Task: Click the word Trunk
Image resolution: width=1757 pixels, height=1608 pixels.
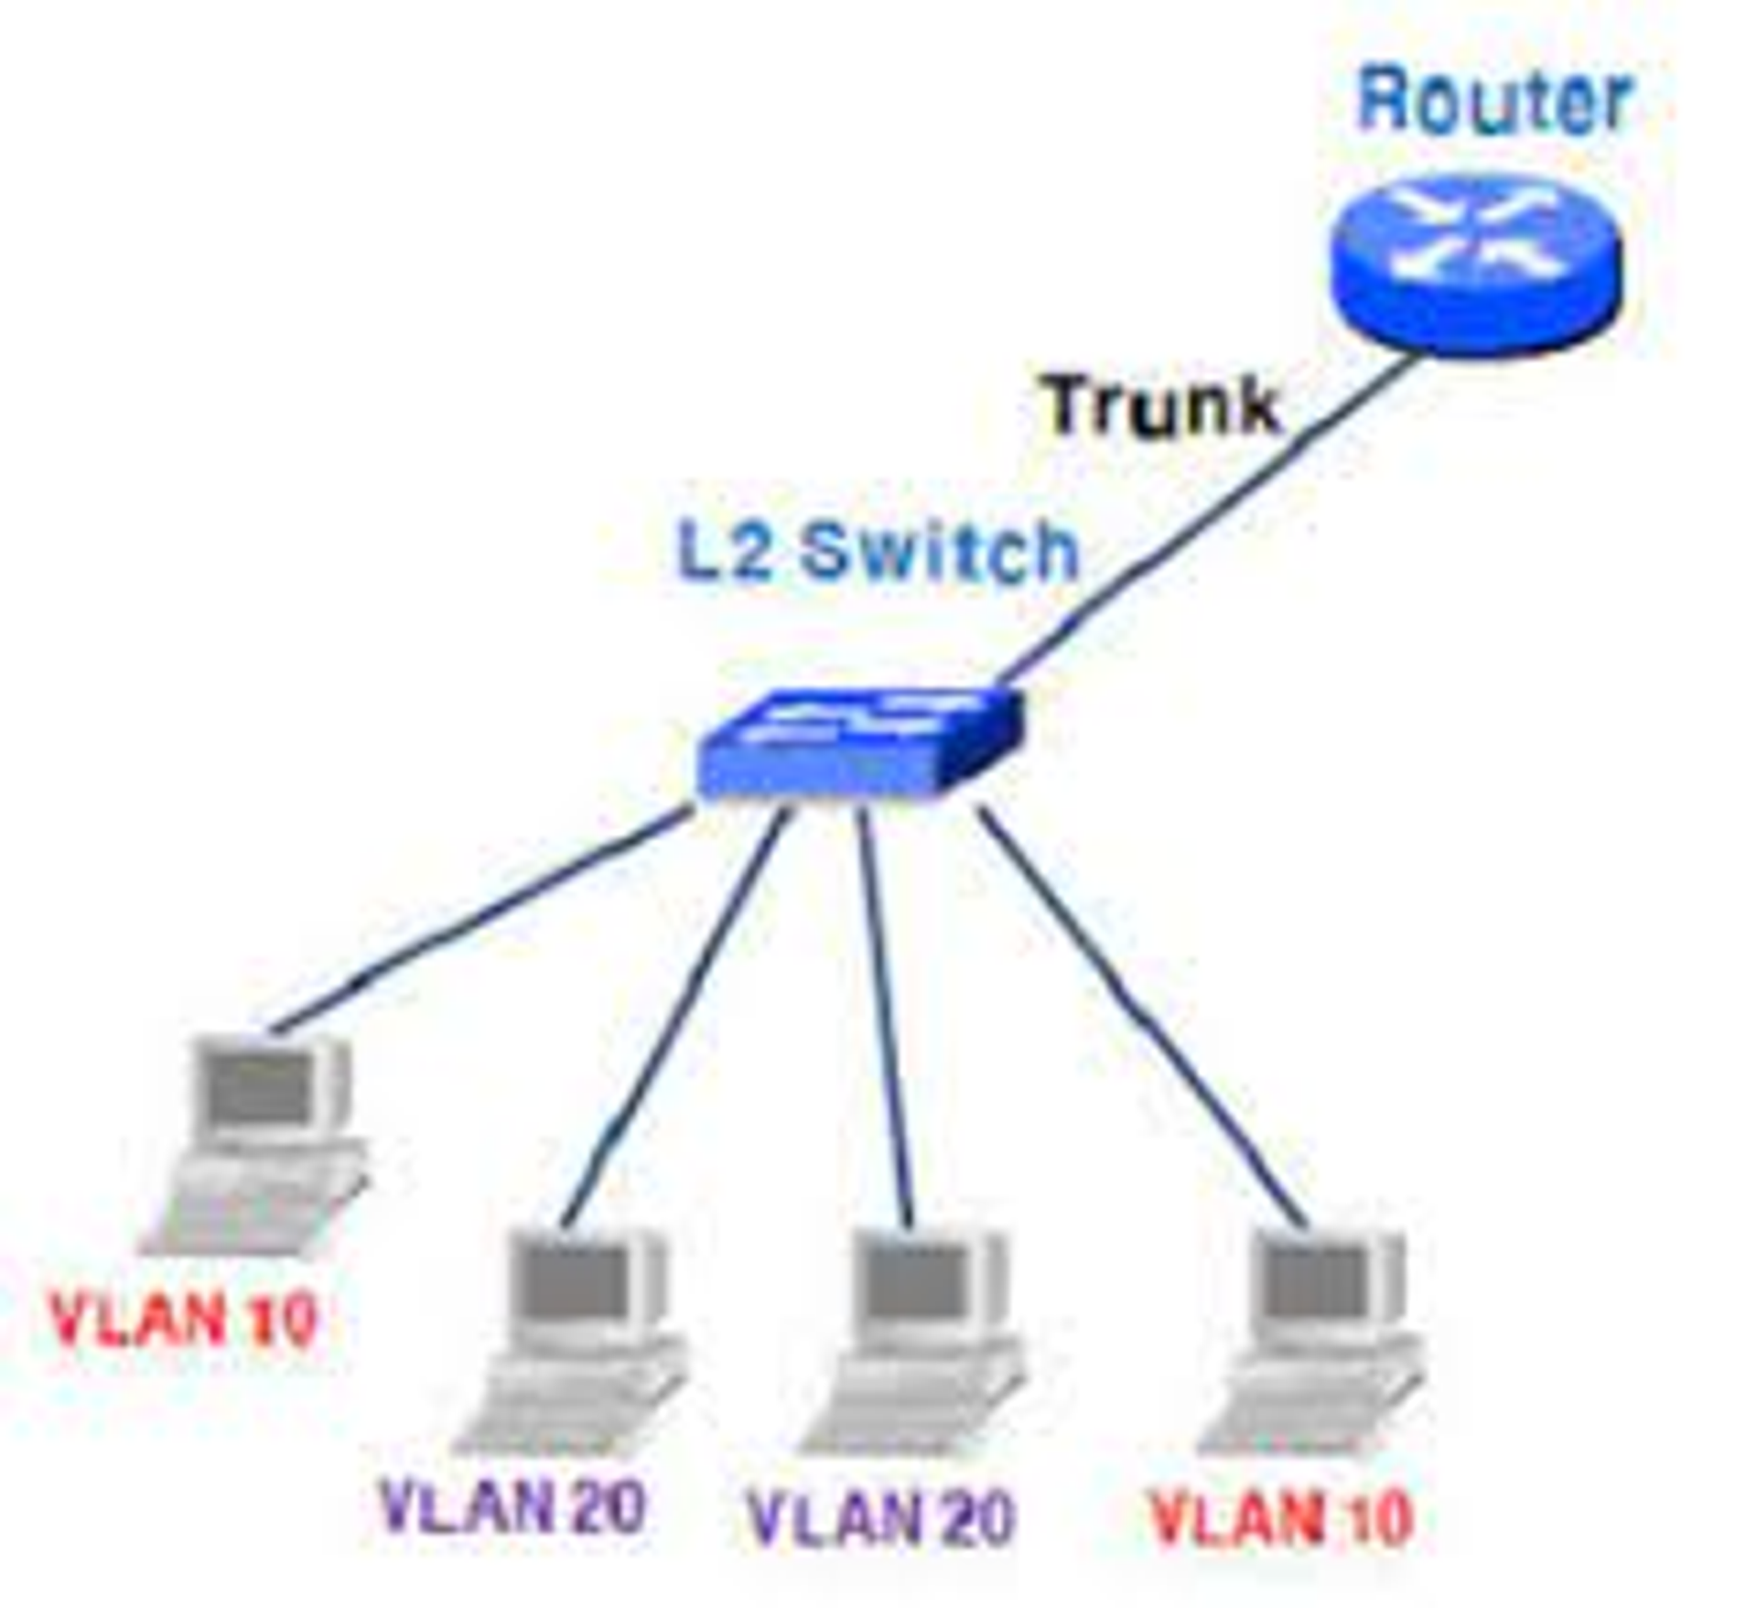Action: point(1161,405)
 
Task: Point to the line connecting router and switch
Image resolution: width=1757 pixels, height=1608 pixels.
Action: point(1208,522)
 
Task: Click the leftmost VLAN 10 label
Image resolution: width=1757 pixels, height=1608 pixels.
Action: point(183,1319)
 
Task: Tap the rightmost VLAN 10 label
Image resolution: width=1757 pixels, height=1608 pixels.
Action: point(1281,1518)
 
